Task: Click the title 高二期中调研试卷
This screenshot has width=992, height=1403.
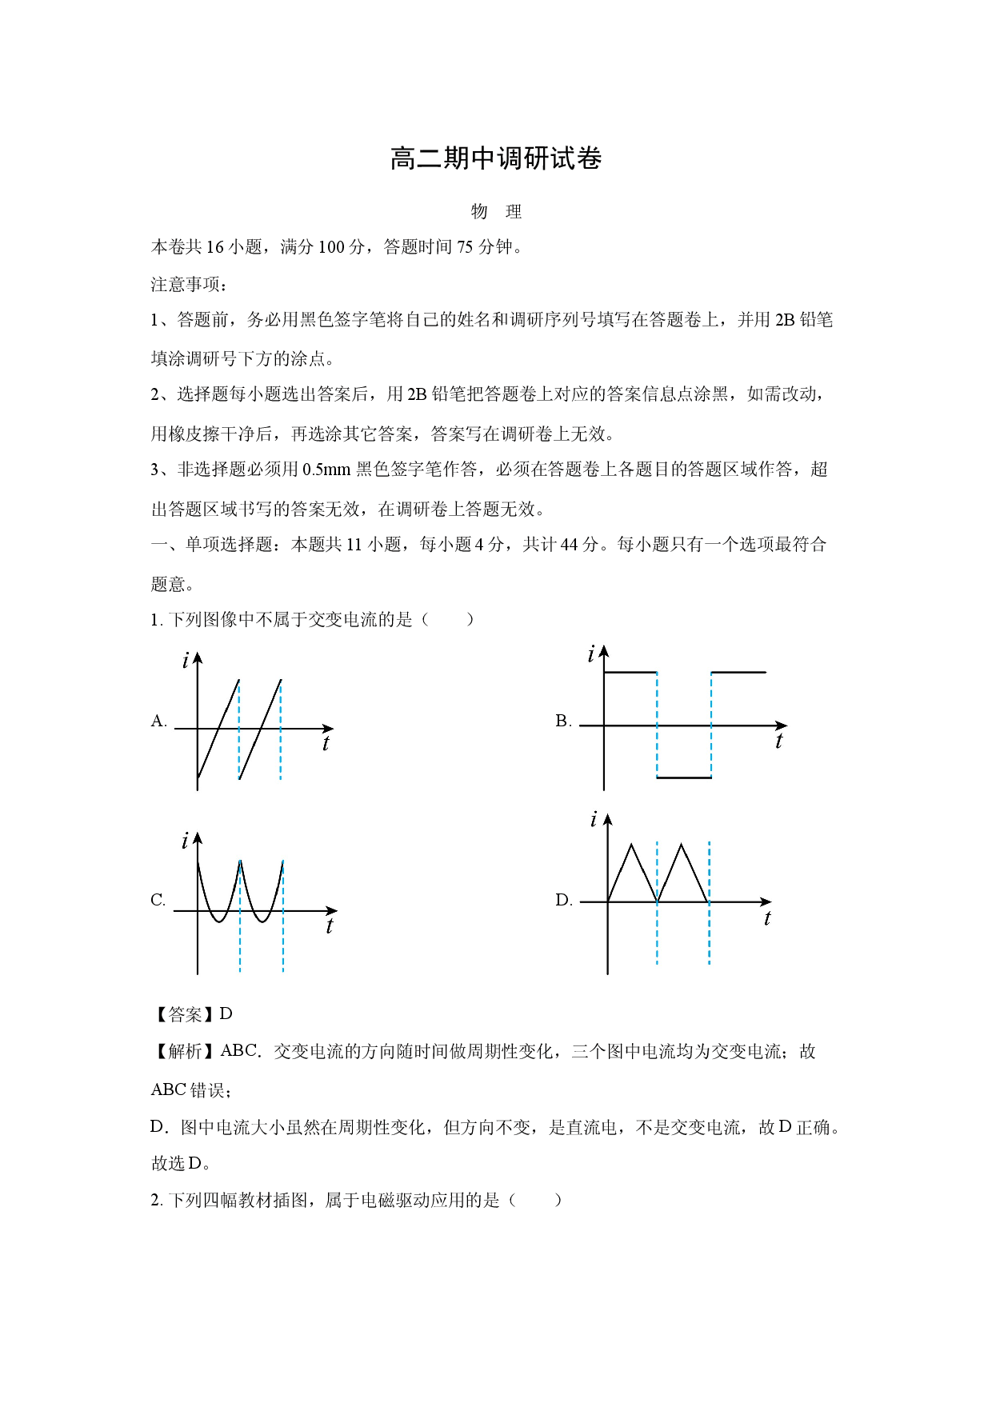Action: click(x=496, y=158)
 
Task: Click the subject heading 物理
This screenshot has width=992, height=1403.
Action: click(x=496, y=211)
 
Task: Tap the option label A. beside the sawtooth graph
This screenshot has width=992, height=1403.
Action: click(x=159, y=721)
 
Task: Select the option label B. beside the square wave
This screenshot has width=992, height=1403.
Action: click(x=563, y=721)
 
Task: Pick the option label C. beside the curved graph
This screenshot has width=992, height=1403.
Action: click(x=158, y=900)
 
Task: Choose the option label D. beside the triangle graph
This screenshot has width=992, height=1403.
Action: click(x=564, y=900)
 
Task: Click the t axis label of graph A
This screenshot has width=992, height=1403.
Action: click(x=326, y=744)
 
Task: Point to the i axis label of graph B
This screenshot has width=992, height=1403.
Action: click(x=591, y=654)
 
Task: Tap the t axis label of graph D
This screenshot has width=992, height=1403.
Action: click(x=767, y=918)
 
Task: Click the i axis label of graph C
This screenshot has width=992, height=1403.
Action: click(x=185, y=841)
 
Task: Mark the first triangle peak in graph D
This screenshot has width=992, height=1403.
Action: click(x=632, y=845)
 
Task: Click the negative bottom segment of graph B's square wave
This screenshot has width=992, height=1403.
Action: click(x=684, y=777)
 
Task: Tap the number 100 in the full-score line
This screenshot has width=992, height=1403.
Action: click(x=331, y=247)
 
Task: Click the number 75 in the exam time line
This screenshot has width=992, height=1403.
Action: click(x=465, y=247)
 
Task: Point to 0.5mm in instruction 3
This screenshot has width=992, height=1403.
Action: click(x=326, y=470)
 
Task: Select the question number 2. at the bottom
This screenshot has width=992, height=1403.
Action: click(x=157, y=1200)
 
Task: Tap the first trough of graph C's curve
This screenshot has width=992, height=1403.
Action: click(x=218, y=921)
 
